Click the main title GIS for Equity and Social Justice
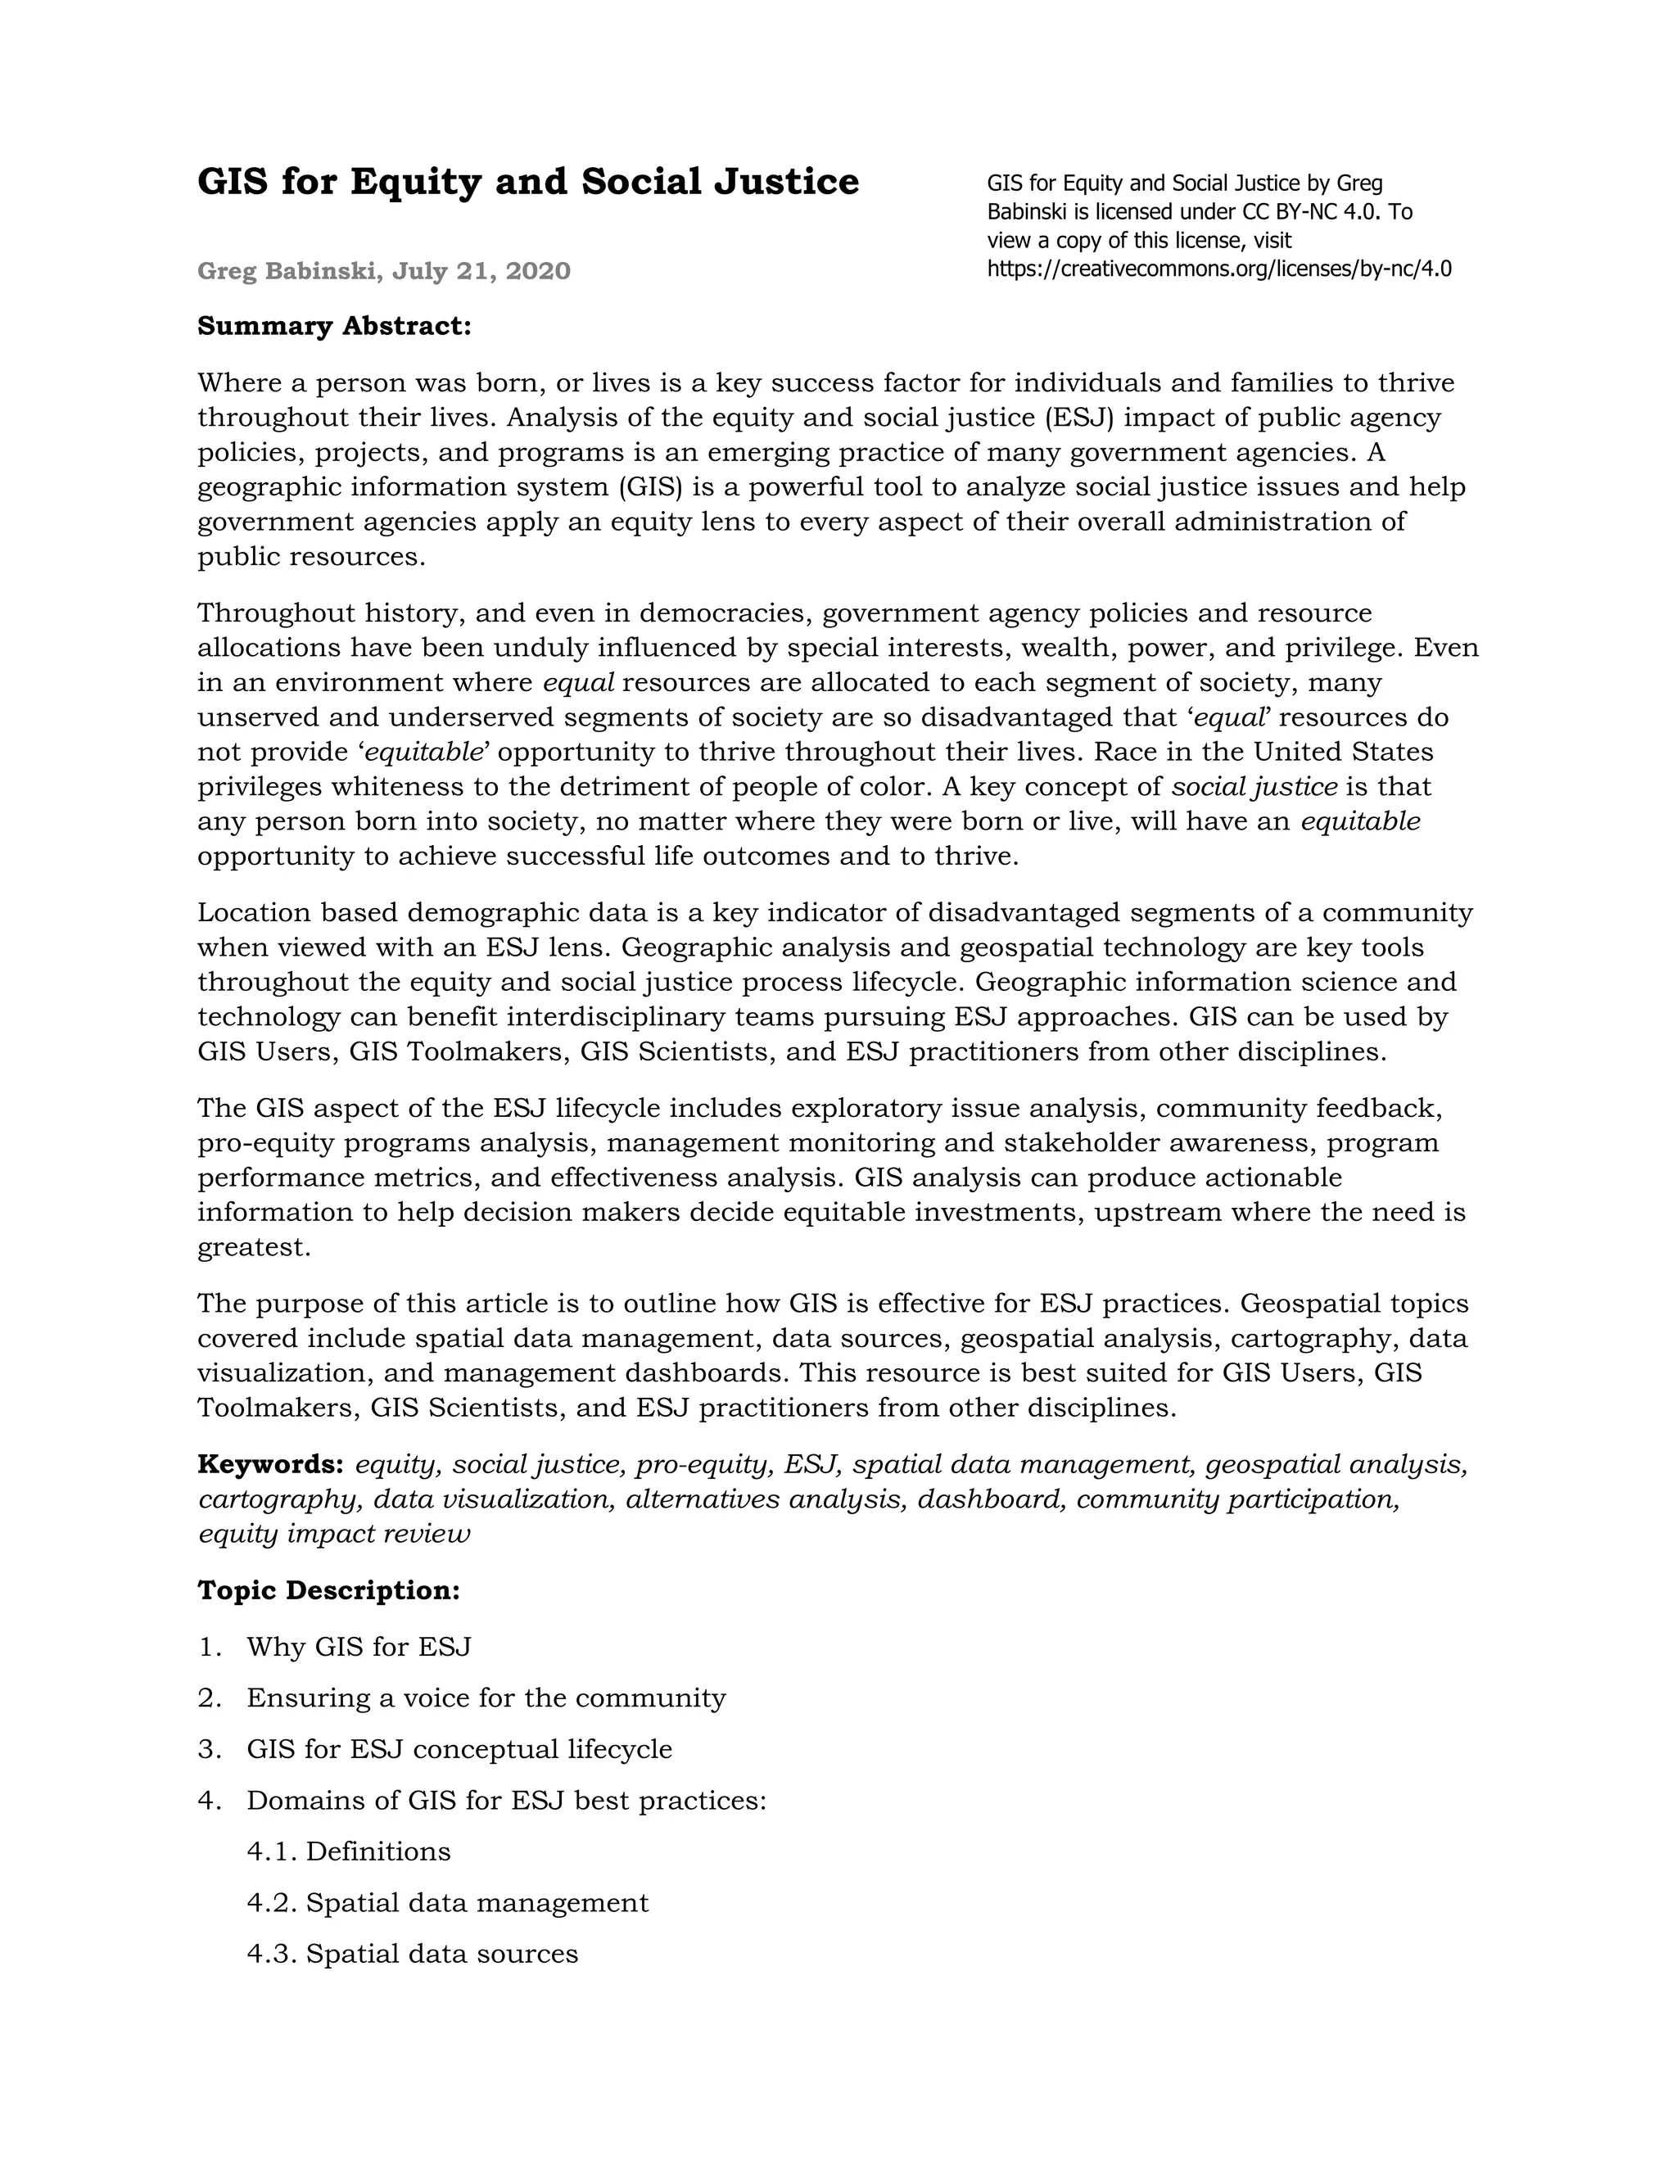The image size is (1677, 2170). (527, 182)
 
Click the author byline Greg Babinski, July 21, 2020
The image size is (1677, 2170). (383, 271)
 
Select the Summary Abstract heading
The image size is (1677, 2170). (334, 326)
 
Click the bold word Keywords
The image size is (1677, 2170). (270, 1465)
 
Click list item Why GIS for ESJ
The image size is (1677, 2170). (359, 1648)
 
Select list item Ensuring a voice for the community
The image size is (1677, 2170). (486, 1698)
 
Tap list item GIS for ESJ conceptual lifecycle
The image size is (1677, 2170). (459, 1750)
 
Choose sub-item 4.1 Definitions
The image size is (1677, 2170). (349, 1852)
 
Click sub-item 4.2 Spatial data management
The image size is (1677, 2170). (447, 1903)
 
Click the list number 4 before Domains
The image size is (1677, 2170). (206, 1801)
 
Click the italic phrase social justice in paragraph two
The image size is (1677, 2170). (1254, 787)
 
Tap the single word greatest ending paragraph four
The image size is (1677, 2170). (255, 1248)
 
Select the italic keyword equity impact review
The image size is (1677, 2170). (334, 1534)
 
